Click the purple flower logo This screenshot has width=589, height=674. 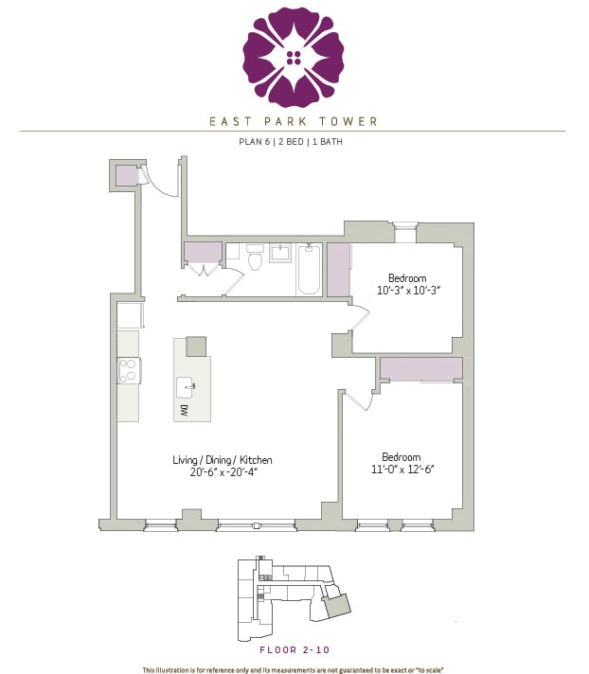pos(294,57)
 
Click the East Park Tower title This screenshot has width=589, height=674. pos(294,121)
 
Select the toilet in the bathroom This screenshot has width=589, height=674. pos(254,258)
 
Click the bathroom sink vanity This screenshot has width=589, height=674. pos(281,254)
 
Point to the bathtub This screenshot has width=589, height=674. pos(309,269)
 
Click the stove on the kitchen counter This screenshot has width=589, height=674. pos(129,370)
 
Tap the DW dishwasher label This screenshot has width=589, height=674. pos(183,410)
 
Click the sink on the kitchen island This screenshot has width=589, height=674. pos(186,386)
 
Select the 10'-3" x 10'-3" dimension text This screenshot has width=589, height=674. pos(408,291)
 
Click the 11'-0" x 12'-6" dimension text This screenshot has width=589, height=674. pos(407,469)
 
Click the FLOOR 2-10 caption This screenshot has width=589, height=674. pos(294,650)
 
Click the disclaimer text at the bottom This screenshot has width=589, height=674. pos(294,670)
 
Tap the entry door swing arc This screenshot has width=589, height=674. pos(165,184)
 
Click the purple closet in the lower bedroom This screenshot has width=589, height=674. pos(420,369)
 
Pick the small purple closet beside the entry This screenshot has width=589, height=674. pos(126,175)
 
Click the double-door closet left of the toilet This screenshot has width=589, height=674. pos(204,254)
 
